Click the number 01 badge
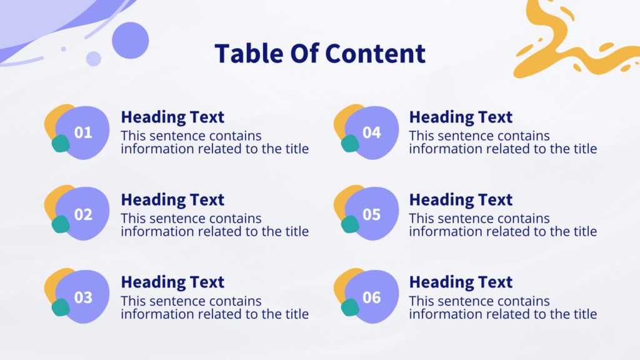pos(77,132)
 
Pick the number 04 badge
pos(366,132)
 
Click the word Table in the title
pos(249,54)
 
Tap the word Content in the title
pos(375,54)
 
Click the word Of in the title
pos(304,54)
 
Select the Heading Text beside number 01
pos(172,117)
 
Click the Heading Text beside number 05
pos(461,200)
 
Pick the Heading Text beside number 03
pos(172,282)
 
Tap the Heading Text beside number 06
pos(461,282)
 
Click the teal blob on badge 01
pos(61,143)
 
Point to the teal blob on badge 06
pos(350,307)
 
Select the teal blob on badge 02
pos(61,224)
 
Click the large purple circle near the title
pos(130,41)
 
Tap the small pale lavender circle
pos(94,59)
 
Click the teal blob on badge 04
pos(350,143)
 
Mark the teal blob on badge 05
pos(350,224)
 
